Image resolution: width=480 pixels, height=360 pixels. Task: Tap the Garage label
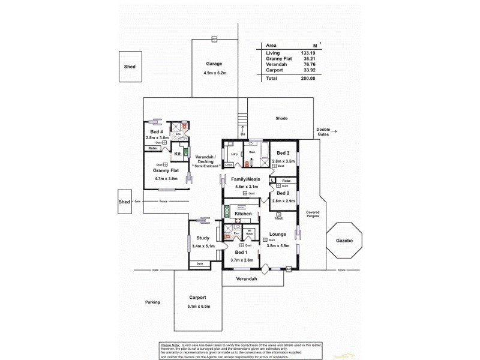point(214,64)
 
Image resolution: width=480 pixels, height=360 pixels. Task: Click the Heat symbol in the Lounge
point(278,214)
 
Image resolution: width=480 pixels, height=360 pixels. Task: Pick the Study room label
point(203,238)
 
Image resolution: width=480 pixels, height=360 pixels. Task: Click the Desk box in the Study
point(199,263)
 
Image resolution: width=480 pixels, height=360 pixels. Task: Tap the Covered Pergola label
point(313,215)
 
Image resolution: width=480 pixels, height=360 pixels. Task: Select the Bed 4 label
point(156,131)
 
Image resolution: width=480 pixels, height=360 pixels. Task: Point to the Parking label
point(152,302)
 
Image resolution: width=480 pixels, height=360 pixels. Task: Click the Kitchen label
point(243,214)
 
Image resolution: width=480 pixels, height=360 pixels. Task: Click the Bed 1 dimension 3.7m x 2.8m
point(242,260)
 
